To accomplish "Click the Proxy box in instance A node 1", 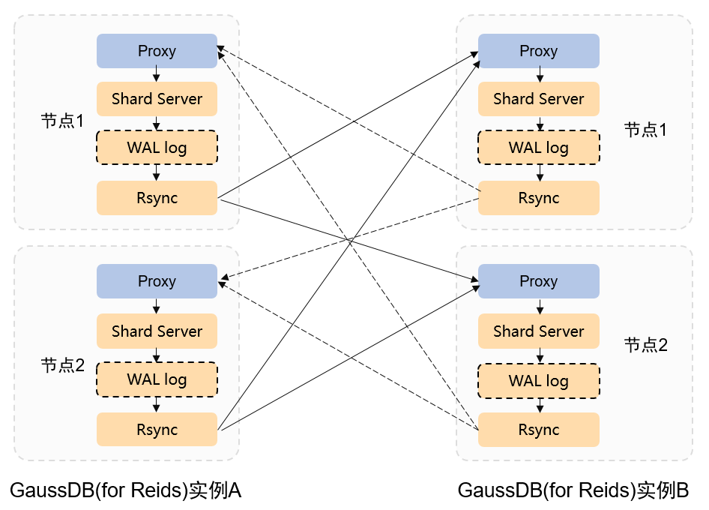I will pos(157,51).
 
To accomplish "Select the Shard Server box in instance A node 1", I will pos(157,99).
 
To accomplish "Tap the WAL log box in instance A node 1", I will pos(157,148).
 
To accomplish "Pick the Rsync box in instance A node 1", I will pos(157,198).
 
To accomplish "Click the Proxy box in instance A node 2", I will pos(157,281).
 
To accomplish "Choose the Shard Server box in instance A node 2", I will pos(157,331).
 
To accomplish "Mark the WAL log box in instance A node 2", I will pos(157,379).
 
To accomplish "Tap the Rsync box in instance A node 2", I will pos(157,430).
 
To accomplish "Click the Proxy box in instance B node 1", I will pos(539,51).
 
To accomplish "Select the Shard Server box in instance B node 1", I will pos(539,99).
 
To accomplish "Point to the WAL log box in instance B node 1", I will pos(539,148).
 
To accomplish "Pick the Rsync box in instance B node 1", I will pos(539,198).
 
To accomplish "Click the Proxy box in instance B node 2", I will pos(539,281).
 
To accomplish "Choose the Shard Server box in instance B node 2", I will pos(539,331).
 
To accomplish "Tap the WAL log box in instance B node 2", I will pos(539,380).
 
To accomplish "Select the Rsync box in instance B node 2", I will pos(539,430).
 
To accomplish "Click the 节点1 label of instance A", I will pos(62,121).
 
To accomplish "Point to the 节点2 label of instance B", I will pos(645,345).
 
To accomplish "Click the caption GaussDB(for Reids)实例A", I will pos(125,490).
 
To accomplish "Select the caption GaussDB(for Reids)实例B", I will pos(573,490).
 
